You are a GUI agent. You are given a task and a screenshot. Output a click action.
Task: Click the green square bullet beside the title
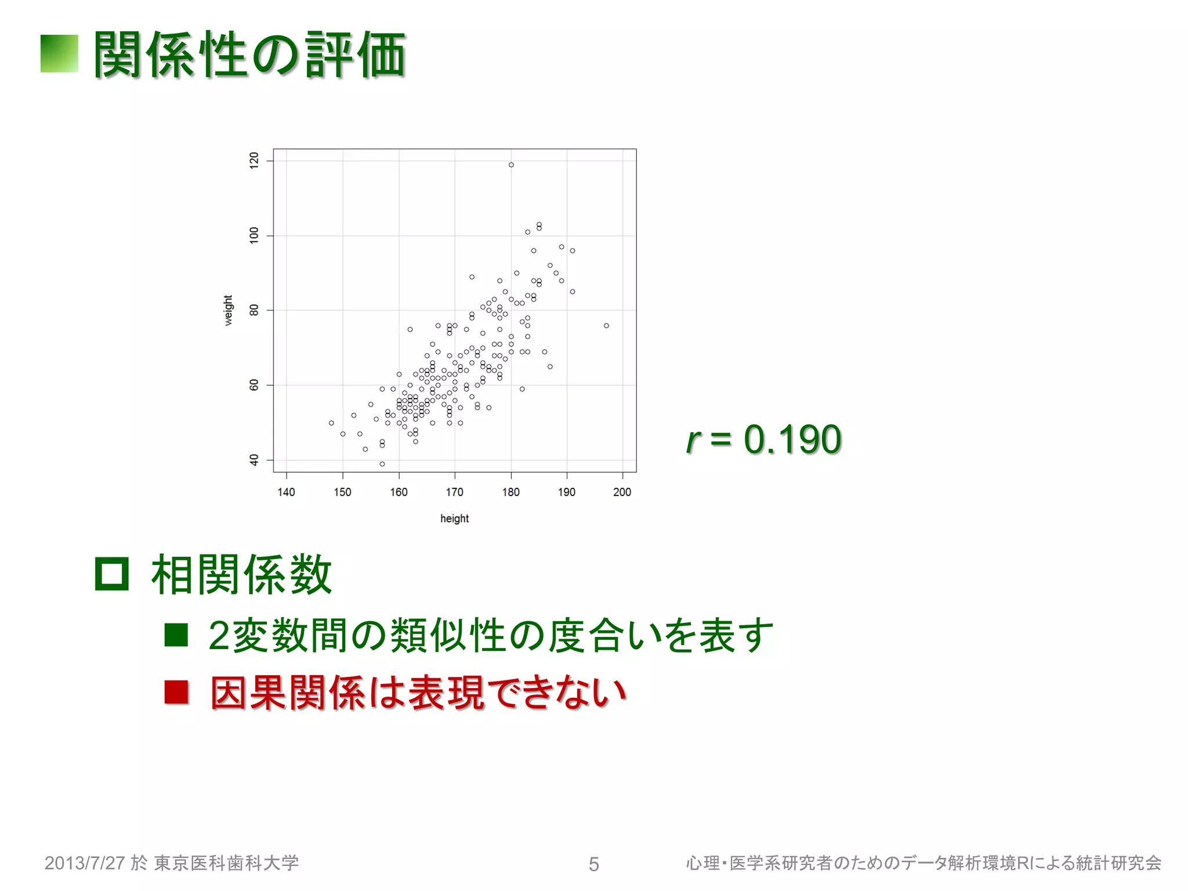59,54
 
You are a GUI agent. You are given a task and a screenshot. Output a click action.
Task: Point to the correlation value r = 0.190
763,439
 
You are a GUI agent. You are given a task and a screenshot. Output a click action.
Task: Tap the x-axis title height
454,519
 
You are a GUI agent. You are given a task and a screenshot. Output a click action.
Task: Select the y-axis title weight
229,310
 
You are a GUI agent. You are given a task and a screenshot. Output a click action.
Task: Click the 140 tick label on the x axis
286,492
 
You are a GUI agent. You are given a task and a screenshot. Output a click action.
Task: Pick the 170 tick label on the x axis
454,492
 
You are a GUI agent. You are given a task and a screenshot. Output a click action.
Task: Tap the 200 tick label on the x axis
622,492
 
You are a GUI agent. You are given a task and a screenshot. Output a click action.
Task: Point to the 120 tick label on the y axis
254,161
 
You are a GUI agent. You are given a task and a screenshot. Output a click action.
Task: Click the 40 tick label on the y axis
254,460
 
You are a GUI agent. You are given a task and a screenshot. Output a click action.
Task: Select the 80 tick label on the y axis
254,310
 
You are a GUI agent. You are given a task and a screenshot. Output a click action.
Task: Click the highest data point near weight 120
511,165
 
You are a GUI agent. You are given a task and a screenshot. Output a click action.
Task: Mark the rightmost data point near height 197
606,325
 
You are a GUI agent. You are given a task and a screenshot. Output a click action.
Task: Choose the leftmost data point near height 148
331,423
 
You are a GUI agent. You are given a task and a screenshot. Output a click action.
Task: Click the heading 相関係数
241,574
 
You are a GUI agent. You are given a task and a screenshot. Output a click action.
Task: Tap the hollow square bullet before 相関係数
111,574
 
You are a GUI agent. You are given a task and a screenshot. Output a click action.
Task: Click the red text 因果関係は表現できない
418,693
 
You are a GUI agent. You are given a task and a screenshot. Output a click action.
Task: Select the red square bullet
176,692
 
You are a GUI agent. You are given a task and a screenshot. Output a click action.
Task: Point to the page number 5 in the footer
593,864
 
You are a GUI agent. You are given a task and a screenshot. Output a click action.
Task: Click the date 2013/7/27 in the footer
85,863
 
